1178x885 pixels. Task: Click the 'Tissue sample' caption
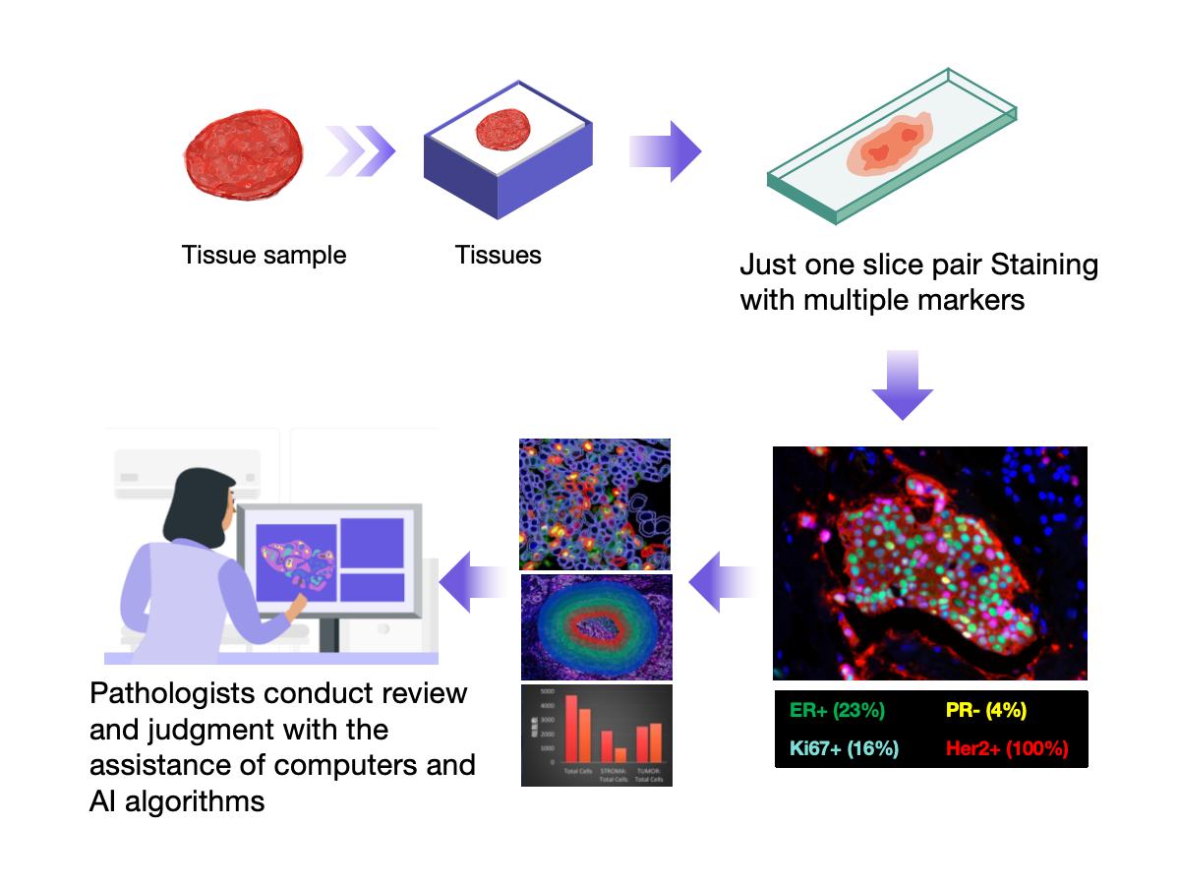[x=264, y=256]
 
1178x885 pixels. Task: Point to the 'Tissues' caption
[x=498, y=256]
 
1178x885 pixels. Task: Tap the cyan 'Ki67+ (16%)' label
[x=844, y=747]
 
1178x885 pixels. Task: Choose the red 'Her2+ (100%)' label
[x=1006, y=747]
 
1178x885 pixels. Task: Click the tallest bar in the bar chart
[x=571, y=728]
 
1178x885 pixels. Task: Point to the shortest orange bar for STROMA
[x=620, y=754]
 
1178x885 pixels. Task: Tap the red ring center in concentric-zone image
[x=596, y=626]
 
